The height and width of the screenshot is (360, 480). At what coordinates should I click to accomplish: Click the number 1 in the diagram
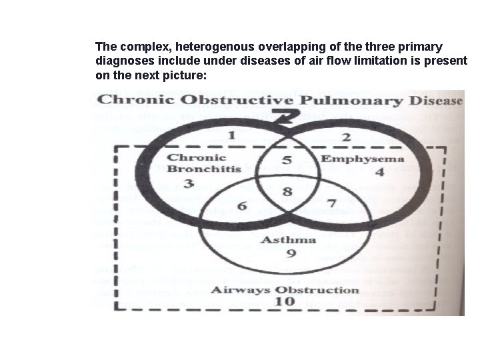pyautogui.click(x=231, y=136)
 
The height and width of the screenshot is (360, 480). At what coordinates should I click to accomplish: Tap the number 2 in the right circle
pyautogui.click(x=345, y=137)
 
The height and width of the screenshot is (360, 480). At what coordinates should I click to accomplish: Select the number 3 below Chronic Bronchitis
pyautogui.click(x=190, y=183)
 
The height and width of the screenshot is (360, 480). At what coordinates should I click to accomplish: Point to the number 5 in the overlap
pyautogui.click(x=287, y=160)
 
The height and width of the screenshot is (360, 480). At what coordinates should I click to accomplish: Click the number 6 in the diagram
pyautogui.click(x=242, y=205)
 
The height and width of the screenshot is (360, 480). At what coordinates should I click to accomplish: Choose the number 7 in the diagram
pyautogui.click(x=331, y=201)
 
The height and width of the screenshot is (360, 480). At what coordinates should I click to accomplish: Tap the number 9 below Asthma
pyautogui.click(x=291, y=253)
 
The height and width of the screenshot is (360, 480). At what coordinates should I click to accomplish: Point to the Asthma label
pyautogui.click(x=288, y=239)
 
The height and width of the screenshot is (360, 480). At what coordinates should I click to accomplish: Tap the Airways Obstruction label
pyautogui.click(x=285, y=289)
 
